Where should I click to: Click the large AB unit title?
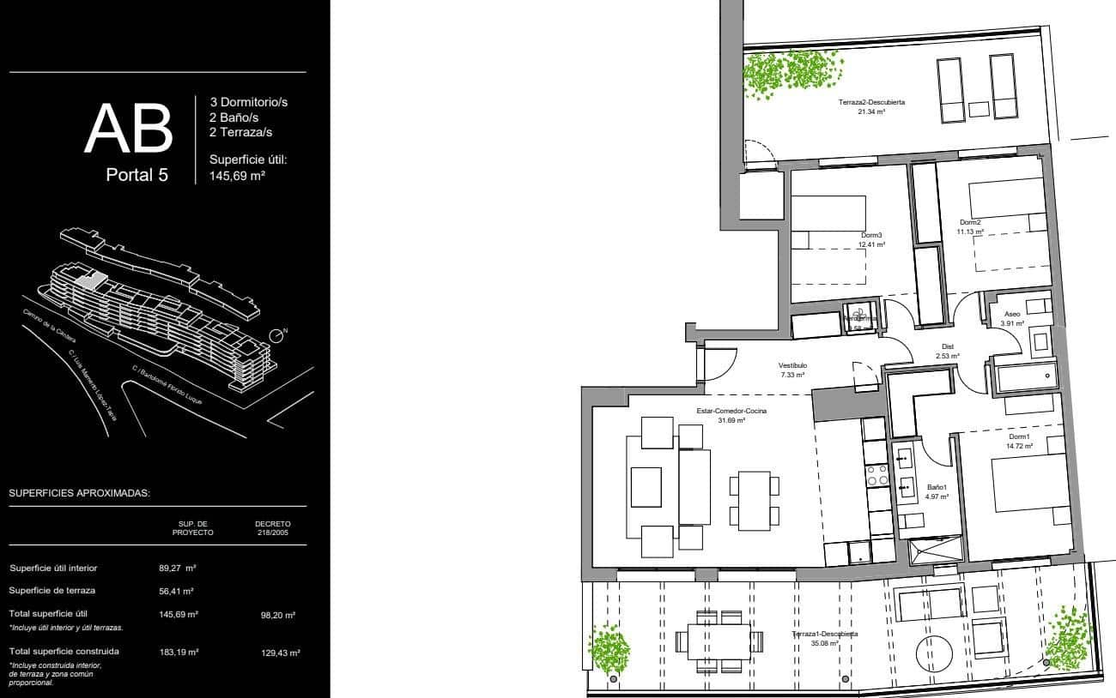coord(129,129)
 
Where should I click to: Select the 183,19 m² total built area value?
coord(179,652)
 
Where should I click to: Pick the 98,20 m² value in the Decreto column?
coord(278,615)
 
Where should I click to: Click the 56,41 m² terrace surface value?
coord(176,591)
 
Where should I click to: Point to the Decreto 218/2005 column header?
coord(273,527)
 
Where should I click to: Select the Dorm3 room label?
coord(871,235)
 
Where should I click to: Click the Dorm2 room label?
coord(970,222)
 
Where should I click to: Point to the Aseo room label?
coord(1012,316)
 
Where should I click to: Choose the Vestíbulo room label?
coord(792,365)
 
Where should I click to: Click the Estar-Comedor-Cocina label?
coord(731,412)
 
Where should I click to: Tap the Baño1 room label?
coord(936,487)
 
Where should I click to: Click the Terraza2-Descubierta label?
coord(871,102)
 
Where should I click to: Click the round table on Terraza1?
coord(934,653)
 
